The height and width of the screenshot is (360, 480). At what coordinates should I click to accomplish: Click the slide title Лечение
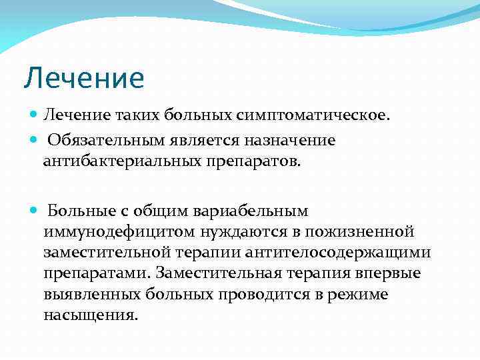point(84,78)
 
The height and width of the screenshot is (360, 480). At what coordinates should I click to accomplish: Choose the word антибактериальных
point(123,161)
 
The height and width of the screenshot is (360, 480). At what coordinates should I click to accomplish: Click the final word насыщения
point(91,316)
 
